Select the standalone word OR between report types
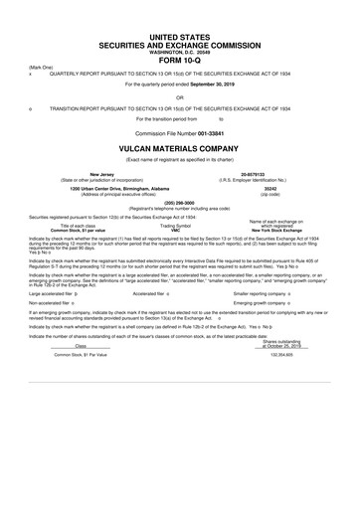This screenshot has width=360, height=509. (179, 97)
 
